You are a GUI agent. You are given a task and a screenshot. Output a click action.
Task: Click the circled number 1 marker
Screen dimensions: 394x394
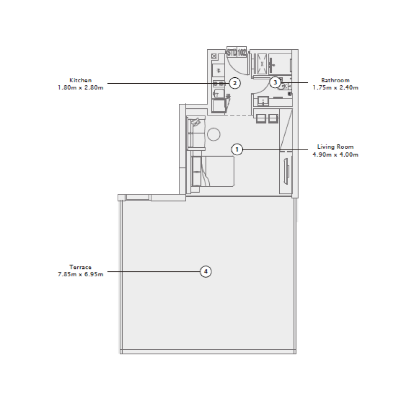click(x=237, y=149)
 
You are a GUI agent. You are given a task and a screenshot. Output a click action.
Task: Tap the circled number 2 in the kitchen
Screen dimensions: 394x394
click(x=235, y=83)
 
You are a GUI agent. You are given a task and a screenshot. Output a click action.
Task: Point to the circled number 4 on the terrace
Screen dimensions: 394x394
click(x=206, y=271)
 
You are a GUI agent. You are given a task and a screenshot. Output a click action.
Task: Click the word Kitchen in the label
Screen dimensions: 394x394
click(x=80, y=80)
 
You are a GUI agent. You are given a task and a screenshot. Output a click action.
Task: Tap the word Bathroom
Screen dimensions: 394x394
click(x=335, y=80)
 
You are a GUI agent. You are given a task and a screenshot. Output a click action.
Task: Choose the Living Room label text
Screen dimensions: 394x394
click(x=335, y=147)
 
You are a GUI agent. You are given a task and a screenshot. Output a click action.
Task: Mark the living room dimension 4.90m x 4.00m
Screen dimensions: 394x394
click(x=335, y=154)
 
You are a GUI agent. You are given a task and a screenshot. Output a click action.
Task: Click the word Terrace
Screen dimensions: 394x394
click(x=80, y=267)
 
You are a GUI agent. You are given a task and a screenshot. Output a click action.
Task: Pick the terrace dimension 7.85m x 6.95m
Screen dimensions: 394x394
click(x=80, y=274)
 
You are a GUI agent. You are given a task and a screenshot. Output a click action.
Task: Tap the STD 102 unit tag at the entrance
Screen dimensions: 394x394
click(x=236, y=52)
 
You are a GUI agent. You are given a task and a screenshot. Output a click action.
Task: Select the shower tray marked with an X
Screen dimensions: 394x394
click(x=263, y=63)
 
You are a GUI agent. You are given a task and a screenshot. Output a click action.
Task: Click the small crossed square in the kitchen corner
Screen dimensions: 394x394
click(x=214, y=56)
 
